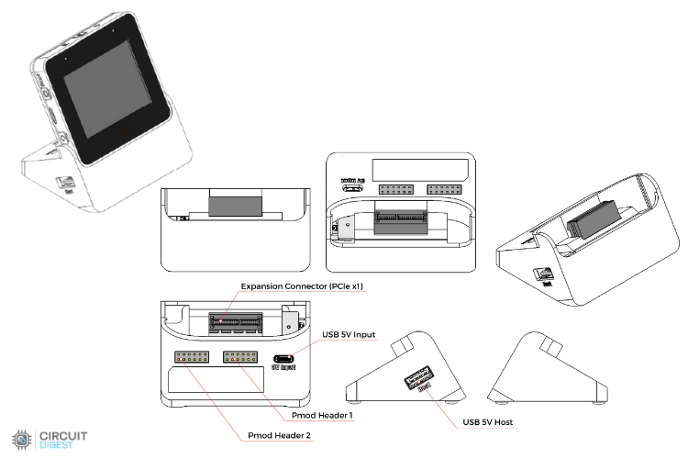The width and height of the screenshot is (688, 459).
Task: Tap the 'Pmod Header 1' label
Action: pos(318,415)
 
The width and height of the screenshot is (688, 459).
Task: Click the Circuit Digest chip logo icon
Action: pos(20,437)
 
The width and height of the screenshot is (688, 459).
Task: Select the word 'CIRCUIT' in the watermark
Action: pos(61,432)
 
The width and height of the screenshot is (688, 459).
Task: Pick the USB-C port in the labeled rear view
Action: pos(283,359)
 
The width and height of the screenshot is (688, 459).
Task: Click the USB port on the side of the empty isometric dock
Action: pos(542,274)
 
